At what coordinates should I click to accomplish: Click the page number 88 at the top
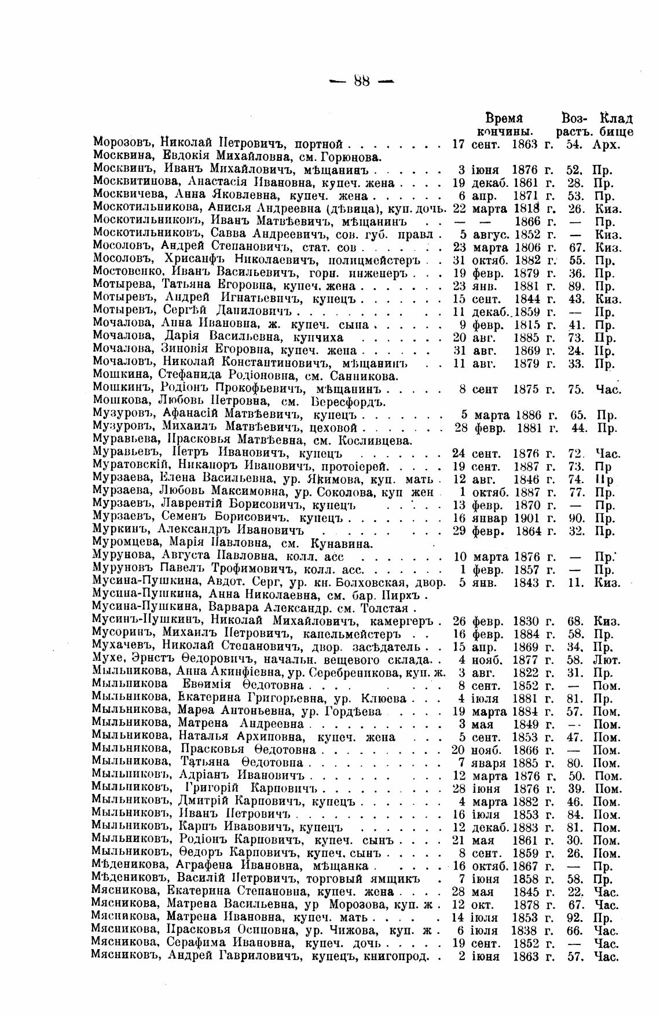coord(361,81)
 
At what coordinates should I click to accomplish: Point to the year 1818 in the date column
coord(526,209)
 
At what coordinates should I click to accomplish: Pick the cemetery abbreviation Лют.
coord(607,660)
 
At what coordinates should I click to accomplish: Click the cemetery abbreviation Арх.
coord(606,144)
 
